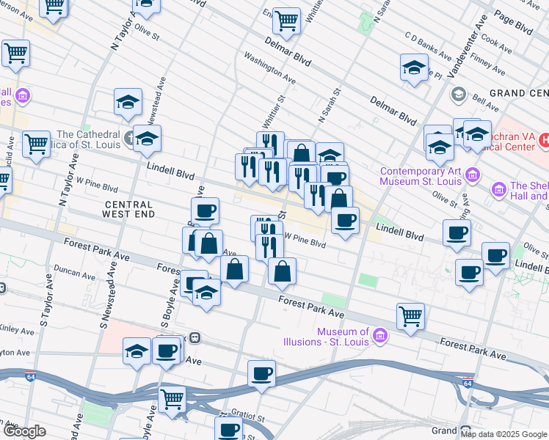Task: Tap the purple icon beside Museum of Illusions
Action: click(380, 337)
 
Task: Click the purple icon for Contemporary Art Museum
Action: click(473, 175)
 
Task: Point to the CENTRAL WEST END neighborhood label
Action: click(129, 209)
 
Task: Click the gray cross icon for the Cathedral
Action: click(129, 136)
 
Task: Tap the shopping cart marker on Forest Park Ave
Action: click(410, 318)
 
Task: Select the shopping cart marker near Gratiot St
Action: click(172, 400)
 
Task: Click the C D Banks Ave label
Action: click(428, 45)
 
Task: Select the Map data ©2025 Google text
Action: click(503, 434)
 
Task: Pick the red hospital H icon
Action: click(545, 139)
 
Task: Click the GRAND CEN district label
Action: click(518, 93)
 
